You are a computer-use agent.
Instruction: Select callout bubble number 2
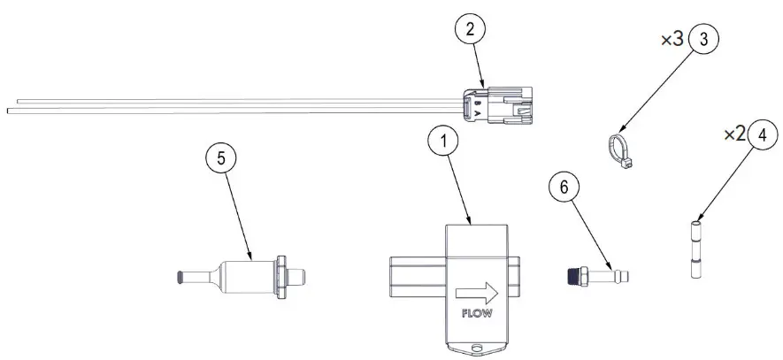pyautogui.click(x=471, y=29)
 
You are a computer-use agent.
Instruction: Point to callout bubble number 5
pyautogui.click(x=222, y=159)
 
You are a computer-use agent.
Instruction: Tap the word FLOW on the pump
pyautogui.click(x=477, y=312)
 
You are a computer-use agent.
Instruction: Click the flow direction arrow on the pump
pyautogui.click(x=476, y=292)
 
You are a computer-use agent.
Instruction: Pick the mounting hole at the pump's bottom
pyautogui.click(x=479, y=347)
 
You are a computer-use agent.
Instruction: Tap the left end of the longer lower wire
pyautogui.click(x=11, y=111)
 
